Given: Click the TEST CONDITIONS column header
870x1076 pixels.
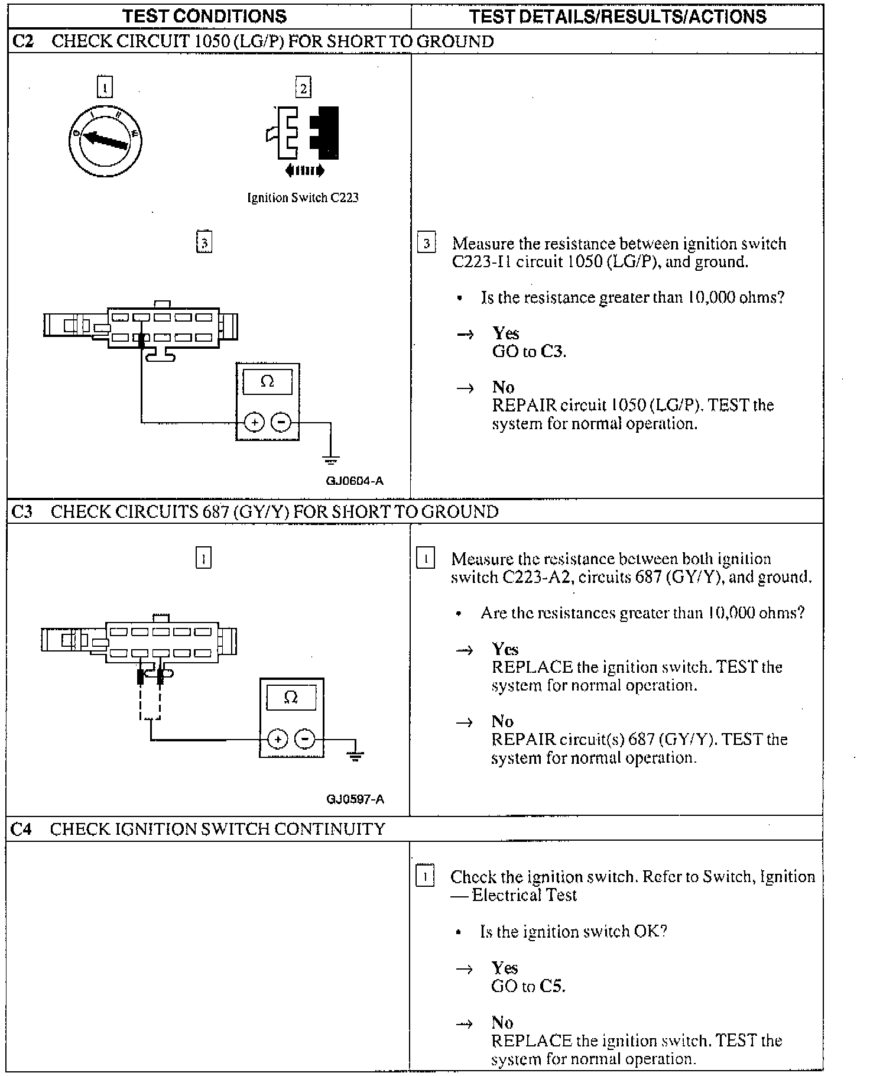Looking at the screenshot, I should coord(204,16).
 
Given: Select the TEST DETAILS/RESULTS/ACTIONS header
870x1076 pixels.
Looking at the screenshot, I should coord(618,16).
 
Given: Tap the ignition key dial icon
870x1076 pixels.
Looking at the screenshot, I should coord(105,141).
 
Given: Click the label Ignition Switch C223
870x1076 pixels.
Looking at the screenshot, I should coord(303,198).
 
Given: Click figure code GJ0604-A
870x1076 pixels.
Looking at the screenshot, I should coord(355,481).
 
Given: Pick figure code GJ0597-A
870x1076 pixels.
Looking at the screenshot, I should coord(355,799).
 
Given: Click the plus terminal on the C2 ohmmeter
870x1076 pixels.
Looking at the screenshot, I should coord(254,422).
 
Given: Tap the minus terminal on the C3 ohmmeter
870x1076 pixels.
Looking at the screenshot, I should coord(304,738).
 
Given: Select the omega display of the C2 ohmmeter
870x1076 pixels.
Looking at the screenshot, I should coord(267,382).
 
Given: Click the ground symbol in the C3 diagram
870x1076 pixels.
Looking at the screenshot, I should coord(355,755).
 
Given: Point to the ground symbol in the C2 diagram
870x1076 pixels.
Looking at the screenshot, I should coord(331,460).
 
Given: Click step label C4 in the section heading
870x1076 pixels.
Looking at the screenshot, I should coord(21,829).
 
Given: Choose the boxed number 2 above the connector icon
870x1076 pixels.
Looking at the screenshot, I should coord(303,89).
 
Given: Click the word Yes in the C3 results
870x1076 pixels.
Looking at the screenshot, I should coord(505,649).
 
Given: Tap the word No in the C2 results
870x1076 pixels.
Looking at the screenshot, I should coord(503,387).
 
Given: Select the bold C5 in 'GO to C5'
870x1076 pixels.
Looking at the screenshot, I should coord(553,986).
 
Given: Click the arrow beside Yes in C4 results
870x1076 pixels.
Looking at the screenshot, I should coord(465,968).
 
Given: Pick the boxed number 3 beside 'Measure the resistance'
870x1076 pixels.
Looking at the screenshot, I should coord(427,244).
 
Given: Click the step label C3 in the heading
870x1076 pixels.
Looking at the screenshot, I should coord(22,511).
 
